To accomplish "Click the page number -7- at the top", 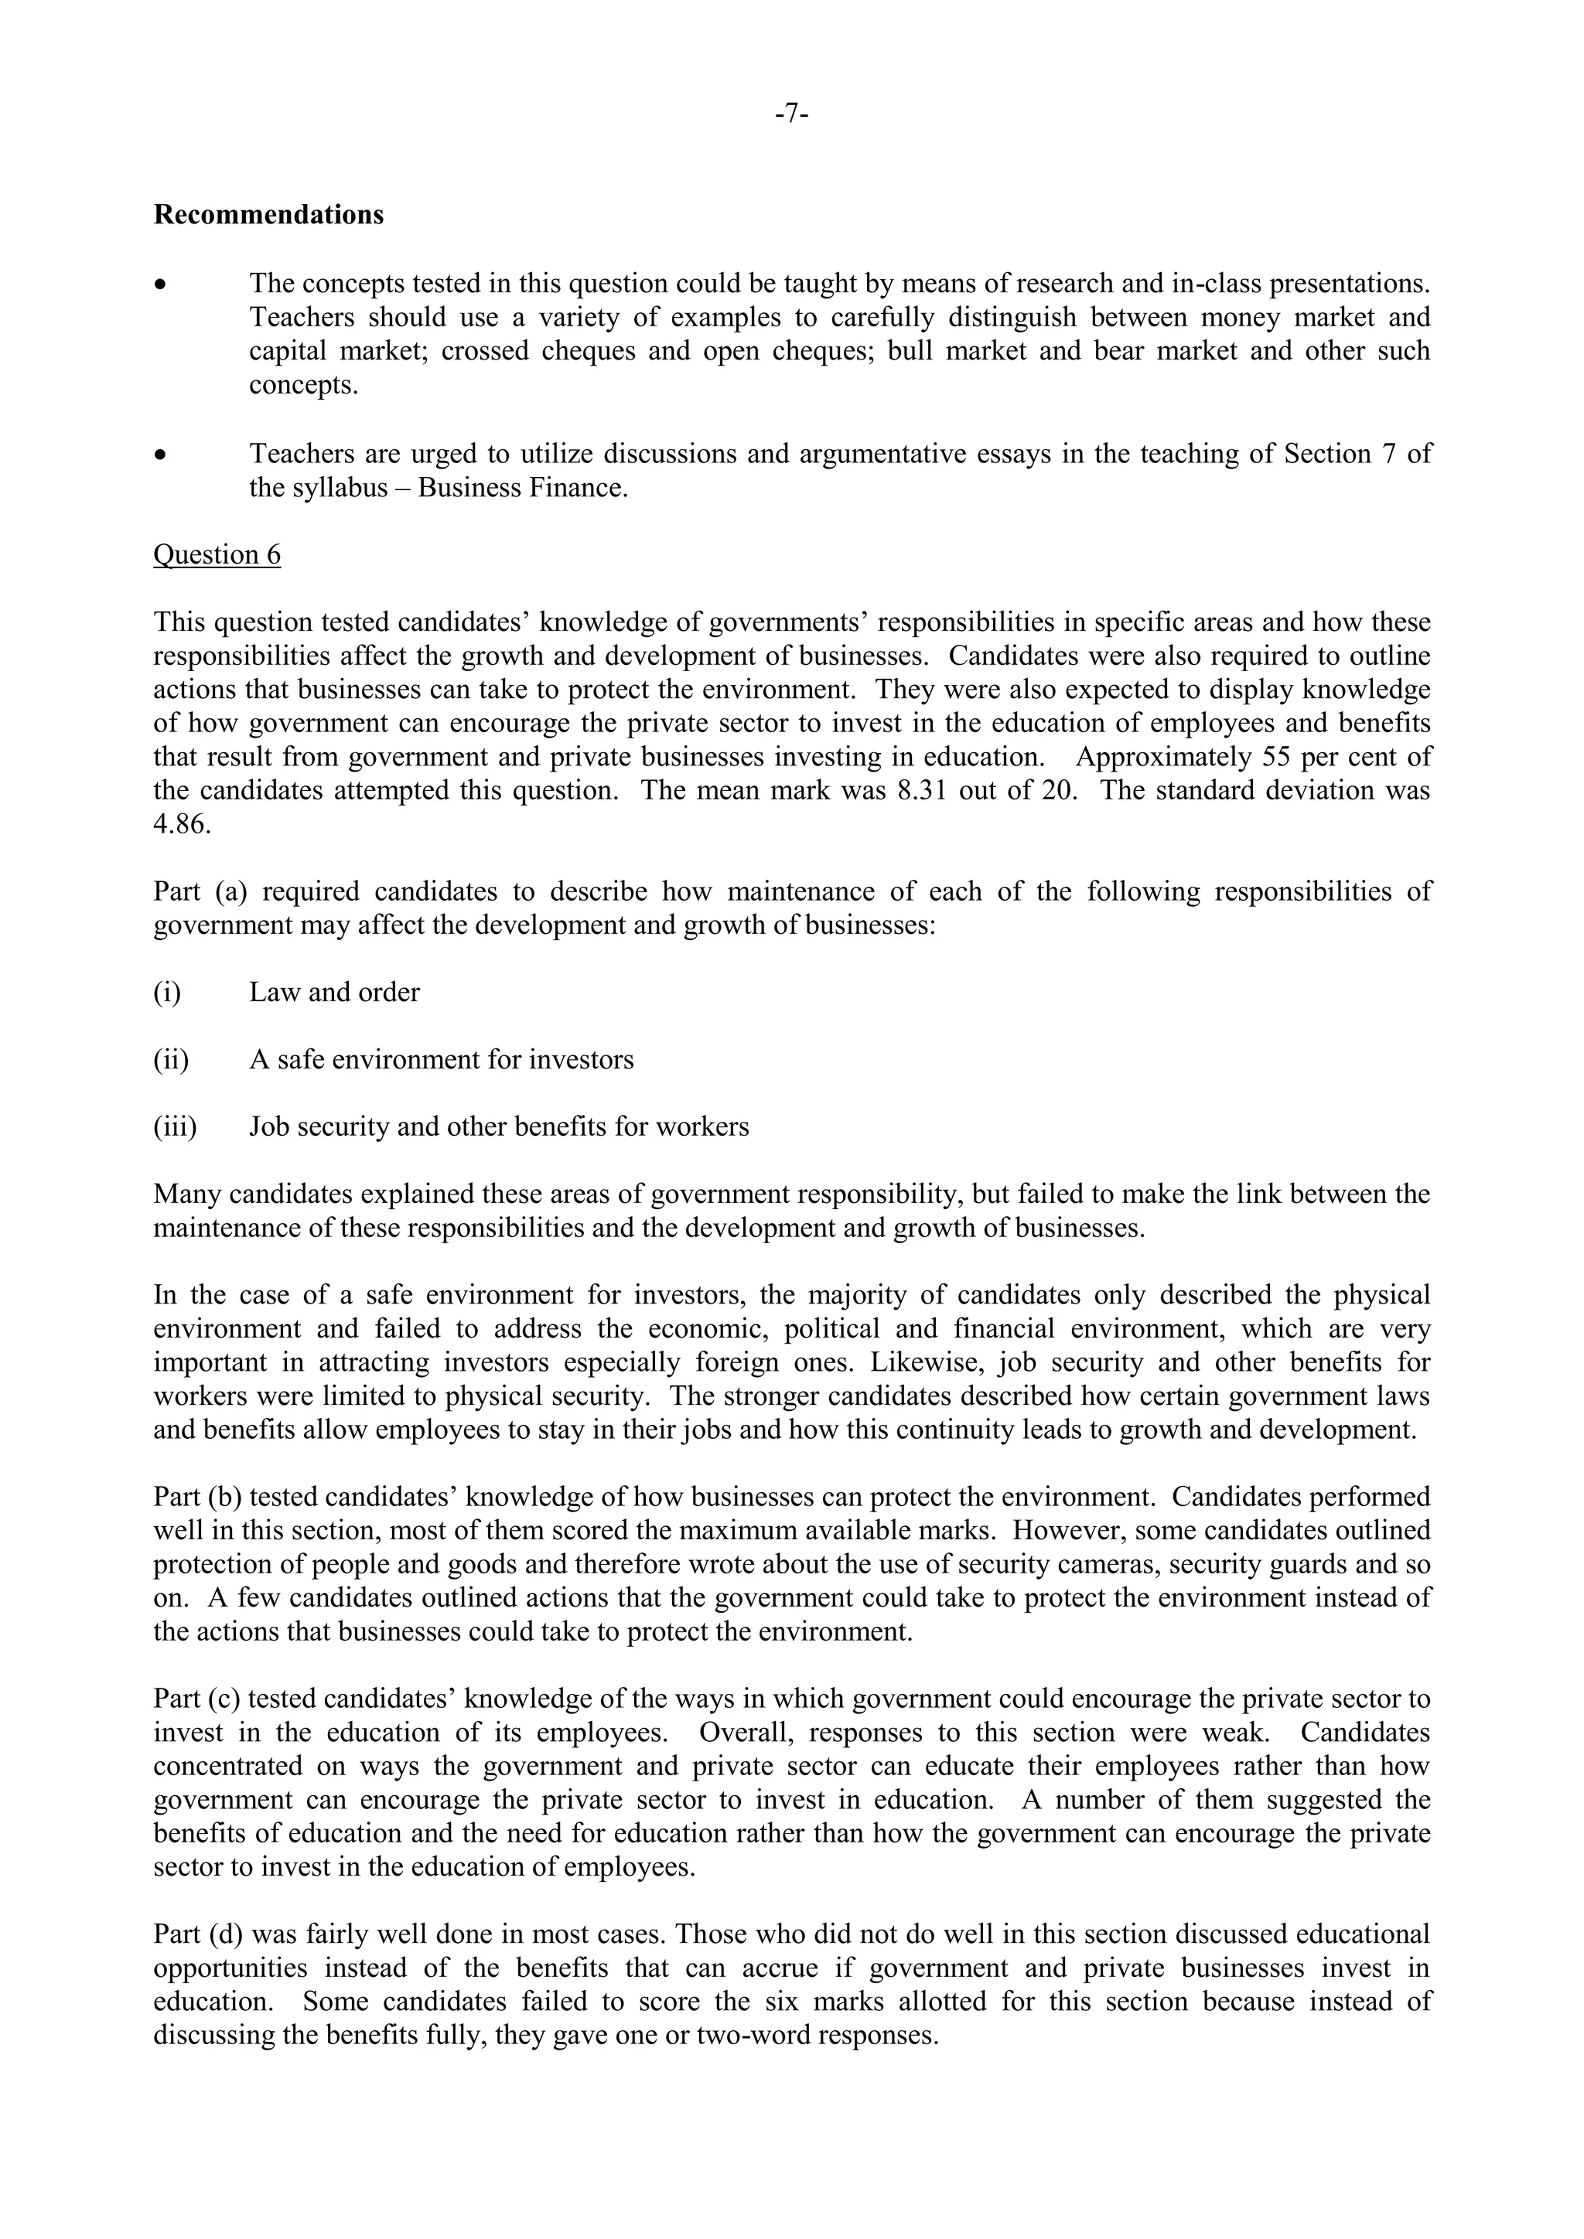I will click(x=791, y=115).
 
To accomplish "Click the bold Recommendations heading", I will click(x=268, y=214).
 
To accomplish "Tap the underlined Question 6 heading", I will click(x=217, y=555).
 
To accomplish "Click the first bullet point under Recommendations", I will click(x=162, y=285).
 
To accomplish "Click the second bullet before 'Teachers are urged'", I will click(x=162, y=455).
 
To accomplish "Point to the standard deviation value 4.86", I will click(x=182, y=824).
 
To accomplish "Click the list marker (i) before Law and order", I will click(x=167, y=993).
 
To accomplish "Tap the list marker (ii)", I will click(x=171, y=1060).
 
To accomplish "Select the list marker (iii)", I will click(x=175, y=1127).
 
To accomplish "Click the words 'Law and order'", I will click(x=335, y=993).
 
